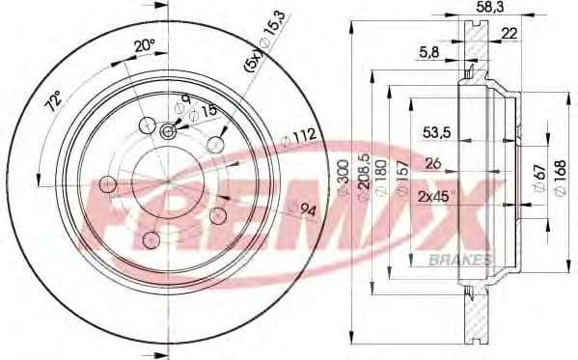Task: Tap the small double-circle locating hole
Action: (x=170, y=133)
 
